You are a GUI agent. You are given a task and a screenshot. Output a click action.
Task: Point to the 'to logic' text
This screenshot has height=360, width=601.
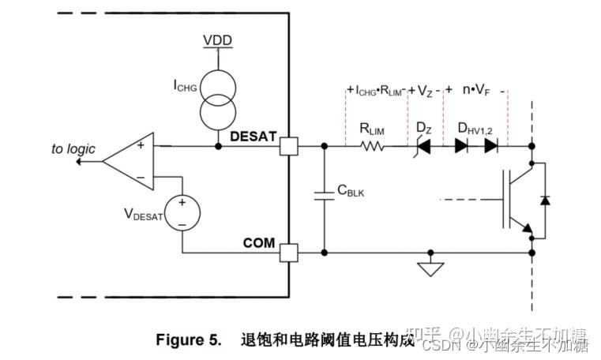pos(73,148)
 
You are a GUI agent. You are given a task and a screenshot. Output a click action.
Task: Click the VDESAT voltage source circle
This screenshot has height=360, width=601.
pos(182,213)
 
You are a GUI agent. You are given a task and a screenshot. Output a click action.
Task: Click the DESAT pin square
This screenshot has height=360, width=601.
pos(289,146)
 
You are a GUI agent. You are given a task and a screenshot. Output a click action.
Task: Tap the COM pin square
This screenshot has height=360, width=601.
pos(289,253)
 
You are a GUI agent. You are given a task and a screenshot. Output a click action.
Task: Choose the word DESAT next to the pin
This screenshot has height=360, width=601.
pos(253,136)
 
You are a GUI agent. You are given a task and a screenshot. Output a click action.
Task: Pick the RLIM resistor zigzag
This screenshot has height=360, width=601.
pos(372,146)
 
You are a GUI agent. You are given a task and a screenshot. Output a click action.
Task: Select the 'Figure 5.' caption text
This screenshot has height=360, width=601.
pos(187,340)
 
